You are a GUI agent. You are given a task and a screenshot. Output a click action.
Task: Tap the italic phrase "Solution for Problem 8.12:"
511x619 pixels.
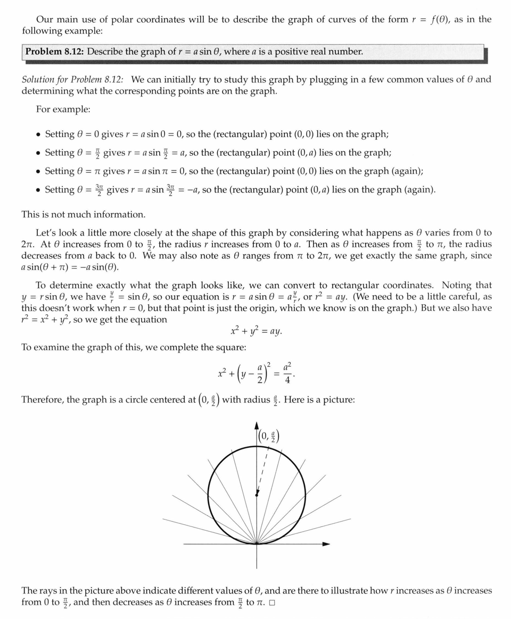[72, 80]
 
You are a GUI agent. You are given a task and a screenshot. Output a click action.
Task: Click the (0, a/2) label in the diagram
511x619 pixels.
[269, 436]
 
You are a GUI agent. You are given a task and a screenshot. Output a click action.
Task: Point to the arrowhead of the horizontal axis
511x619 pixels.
[326, 543]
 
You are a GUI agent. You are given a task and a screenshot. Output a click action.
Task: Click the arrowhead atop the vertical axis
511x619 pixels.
[257, 425]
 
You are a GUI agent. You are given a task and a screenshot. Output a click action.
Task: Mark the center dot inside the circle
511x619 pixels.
[257, 495]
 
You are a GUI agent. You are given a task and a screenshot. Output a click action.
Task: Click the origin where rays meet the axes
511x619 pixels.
[257, 543]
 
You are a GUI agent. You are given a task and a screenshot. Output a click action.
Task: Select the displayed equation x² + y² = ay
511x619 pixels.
[256, 331]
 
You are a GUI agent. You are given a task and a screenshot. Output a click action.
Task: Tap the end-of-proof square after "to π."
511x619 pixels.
[272, 603]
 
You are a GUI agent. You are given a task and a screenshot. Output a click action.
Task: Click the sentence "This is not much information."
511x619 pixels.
[83, 215]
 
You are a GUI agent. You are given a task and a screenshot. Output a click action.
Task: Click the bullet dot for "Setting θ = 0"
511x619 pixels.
[39, 135]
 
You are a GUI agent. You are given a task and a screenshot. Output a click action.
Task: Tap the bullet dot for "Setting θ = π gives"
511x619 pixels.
[39, 171]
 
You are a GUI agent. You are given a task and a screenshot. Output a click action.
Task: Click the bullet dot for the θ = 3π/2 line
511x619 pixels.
[39, 190]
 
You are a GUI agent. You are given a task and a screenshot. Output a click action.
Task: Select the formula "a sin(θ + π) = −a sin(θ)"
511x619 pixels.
[70, 267]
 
